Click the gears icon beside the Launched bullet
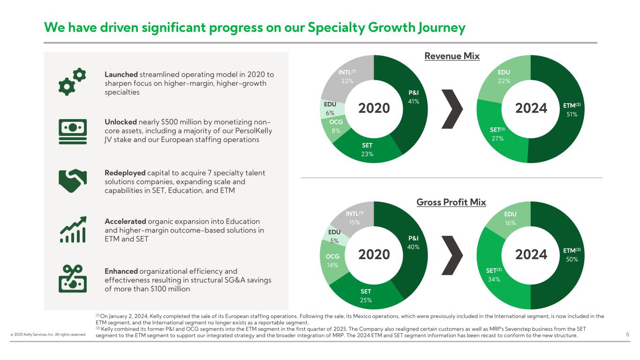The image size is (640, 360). (72, 81)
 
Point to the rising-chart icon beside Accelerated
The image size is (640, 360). (72, 229)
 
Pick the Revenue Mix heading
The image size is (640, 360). (452, 56)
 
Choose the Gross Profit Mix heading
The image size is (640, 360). (451, 202)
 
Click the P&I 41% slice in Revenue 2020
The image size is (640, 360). (413, 97)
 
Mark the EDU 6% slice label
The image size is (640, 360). (330, 108)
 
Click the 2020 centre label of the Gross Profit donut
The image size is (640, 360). (374, 255)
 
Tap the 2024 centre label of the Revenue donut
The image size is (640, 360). (531, 108)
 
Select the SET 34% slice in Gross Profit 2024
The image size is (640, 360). (494, 275)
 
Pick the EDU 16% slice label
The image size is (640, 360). (510, 218)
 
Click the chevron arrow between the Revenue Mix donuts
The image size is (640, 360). (452, 108)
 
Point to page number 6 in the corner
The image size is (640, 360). (627, 334)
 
